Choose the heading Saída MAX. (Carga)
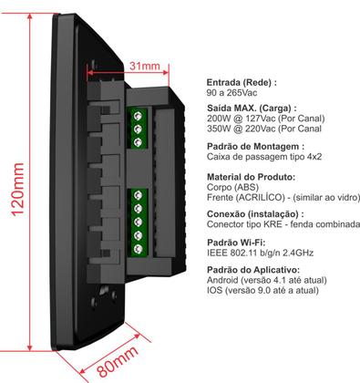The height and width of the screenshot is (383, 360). [x=253, y=109]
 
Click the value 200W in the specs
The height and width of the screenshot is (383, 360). [x=221, y=119]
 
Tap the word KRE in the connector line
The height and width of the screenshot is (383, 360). [x=265, y=224]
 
